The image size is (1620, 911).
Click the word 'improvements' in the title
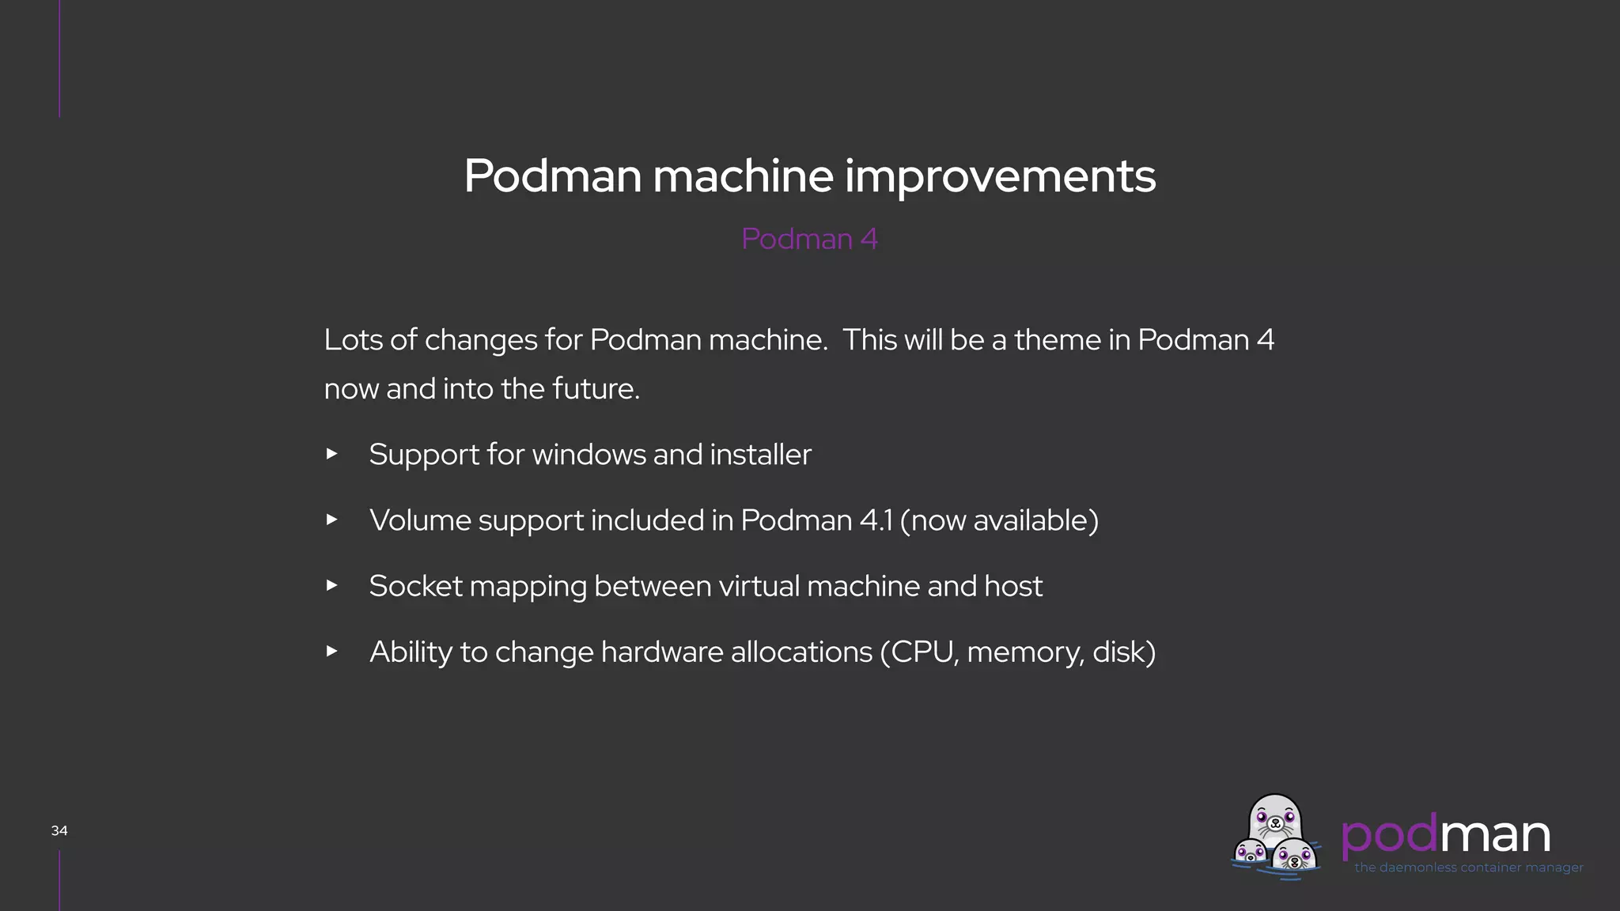point(1000,176)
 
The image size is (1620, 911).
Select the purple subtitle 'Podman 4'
point(809,239)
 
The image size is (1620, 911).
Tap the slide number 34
point(59,830)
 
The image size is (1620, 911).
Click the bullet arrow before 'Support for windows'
point(332,454)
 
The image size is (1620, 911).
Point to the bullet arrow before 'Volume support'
point(332,520)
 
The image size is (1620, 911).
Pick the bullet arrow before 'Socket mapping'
point(332,585)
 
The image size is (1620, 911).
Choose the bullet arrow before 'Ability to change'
point(332,651)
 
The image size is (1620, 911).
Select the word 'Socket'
point(415,586)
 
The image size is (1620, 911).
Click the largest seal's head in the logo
point(1274,819)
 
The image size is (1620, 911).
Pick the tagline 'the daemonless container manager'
point(1468,868)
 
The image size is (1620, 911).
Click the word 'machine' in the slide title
point(743,176)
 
